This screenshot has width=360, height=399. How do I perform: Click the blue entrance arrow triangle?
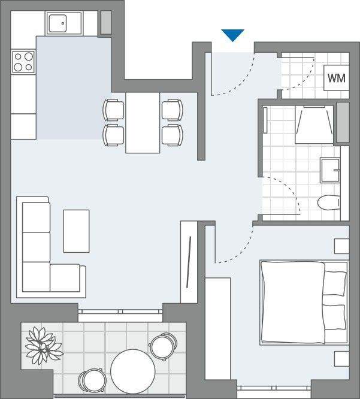point(233,35)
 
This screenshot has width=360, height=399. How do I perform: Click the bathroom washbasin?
point(329,170)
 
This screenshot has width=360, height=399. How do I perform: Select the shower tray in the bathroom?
point(314,124)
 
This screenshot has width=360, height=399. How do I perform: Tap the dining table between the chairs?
point(143,122)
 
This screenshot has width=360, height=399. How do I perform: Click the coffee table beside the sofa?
point(76,231)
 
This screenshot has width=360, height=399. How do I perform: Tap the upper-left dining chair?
point(113,110)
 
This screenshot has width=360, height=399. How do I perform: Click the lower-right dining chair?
point(172,135)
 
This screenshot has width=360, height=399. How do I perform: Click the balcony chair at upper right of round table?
point(162,347)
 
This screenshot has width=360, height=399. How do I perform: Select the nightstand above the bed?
point(341,246)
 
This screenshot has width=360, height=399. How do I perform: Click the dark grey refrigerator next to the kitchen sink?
point(105,22)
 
